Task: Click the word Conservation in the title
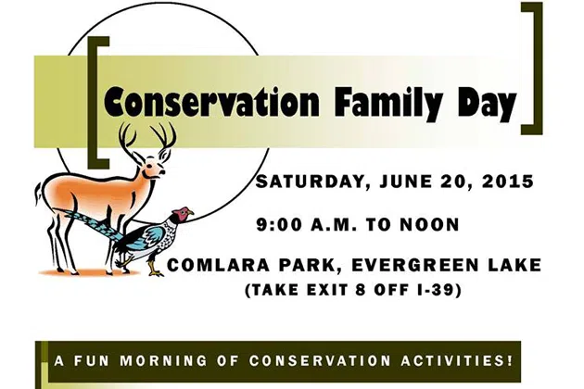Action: point(211,101)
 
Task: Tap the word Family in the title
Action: point(389,101)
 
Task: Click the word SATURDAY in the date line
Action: point(311,182)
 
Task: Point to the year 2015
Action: point(508,182)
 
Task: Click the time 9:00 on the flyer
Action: point(279,225)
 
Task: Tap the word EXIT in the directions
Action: point(326,290)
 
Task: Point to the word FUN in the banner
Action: point(91,360)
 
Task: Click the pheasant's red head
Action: point(182,213)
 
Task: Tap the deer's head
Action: point(154,169)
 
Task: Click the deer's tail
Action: point(38,194)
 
